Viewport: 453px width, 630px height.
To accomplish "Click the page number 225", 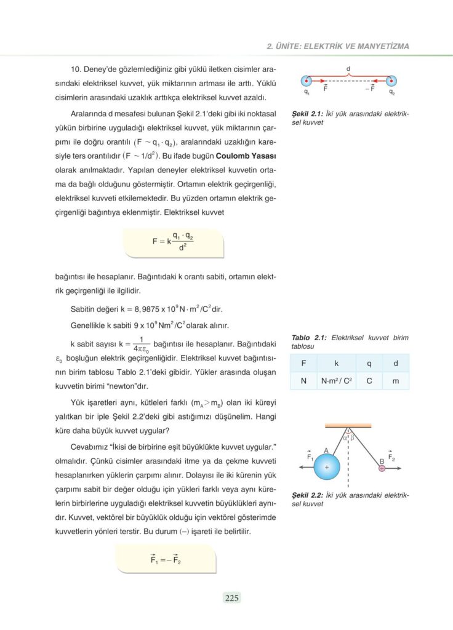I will pyautogui.click(x=231, y=597).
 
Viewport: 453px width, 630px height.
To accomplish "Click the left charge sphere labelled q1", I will pyautogui.click(x=305, y=81).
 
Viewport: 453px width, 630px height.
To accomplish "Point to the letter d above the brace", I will pyautogui.click(x=348, y=68).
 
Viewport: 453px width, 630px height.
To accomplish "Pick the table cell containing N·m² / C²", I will pyautogui.click(x=336, y=381).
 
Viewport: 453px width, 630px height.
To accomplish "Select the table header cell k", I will pyautogui.click(x=336, y=363).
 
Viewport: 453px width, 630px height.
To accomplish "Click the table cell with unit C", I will pyautogui.click(x=369, y=381).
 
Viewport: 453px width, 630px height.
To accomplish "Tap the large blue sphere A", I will pyautogui.click(x=327, y=468).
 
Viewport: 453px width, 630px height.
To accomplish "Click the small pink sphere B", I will pyautogui.click(x=382, y=468).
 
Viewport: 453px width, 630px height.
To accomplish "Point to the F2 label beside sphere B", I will pyautogui.click(x=392, y=456).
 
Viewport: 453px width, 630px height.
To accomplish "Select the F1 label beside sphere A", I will pyautogui.click(x=310, y=456).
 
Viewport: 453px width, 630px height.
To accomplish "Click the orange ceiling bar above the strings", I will pyautogui.click(x=348, y=425).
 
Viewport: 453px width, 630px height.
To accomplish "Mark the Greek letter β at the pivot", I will pyautogui.click(x=353, y=437).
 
